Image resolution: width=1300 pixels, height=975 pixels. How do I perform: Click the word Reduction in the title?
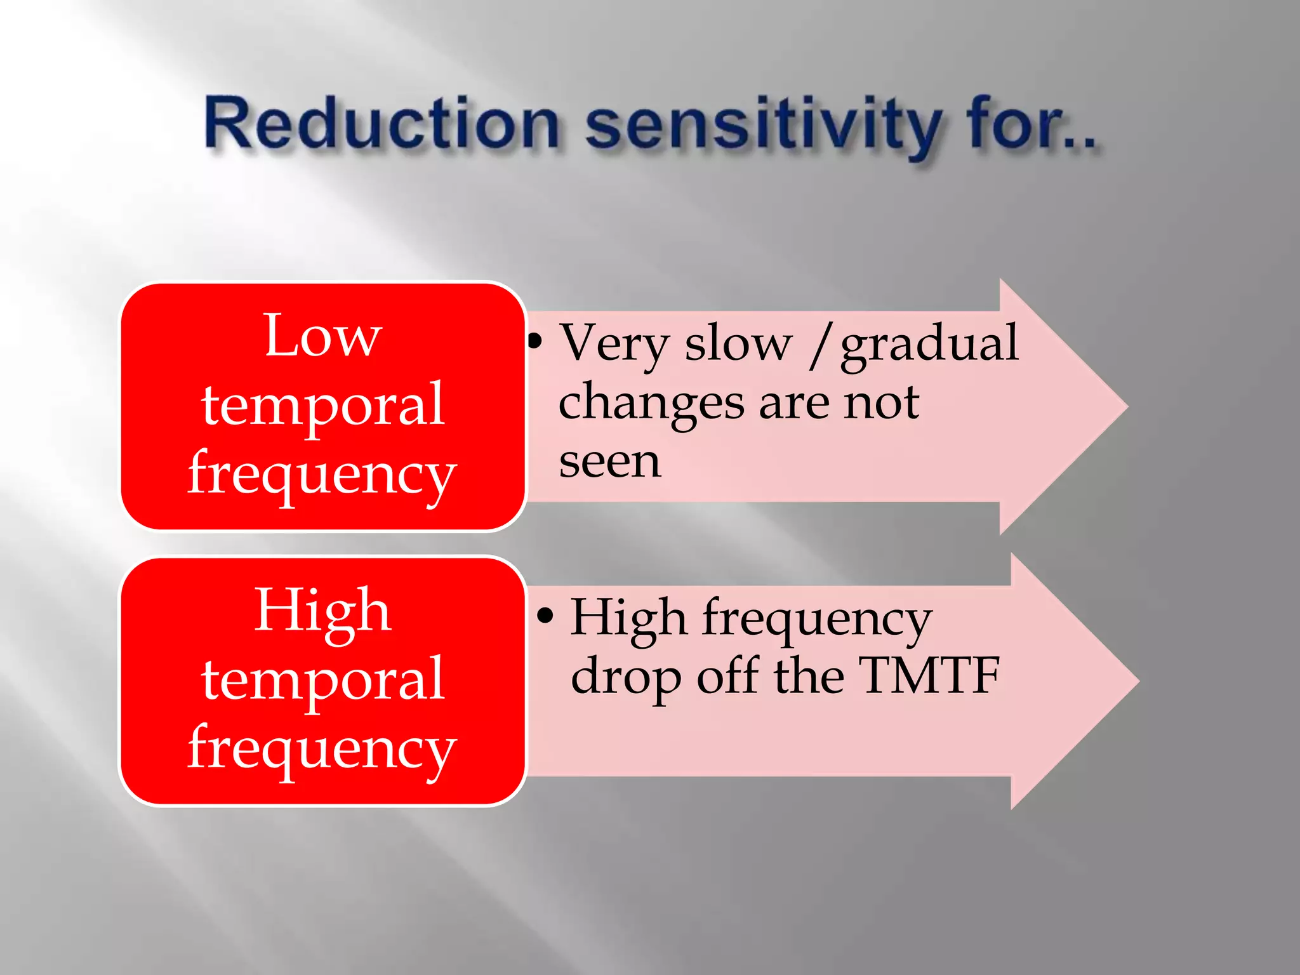tap(381, 124)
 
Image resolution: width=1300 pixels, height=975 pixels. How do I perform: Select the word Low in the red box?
tap(322, 336)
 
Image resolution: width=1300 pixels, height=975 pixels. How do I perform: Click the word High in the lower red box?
tap(322, 611)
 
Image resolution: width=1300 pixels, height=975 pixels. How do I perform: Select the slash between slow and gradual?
tap(819, 346)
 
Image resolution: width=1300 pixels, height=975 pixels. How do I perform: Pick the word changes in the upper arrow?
tap(651, 404)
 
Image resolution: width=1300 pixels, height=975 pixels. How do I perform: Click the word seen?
tap(609, 461)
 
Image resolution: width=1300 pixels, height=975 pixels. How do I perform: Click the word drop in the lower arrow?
tap(625, 678)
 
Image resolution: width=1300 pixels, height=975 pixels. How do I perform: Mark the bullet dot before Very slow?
tap(535, 342)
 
